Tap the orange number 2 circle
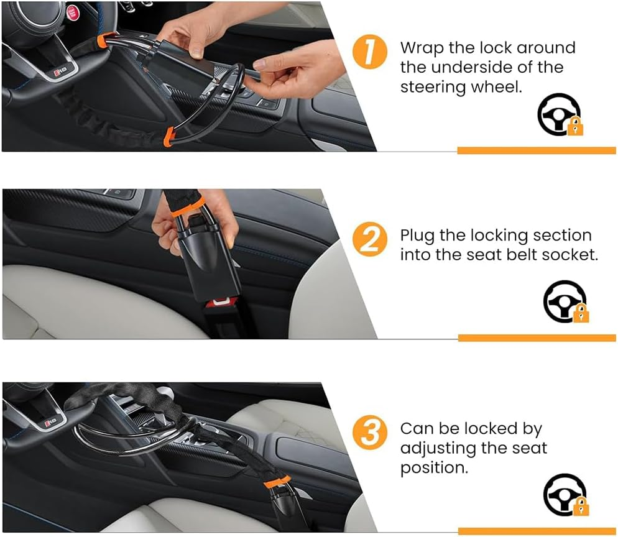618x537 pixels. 370,241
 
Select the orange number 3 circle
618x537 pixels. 370,433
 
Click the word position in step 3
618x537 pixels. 433,467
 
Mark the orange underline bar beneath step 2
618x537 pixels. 537,337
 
